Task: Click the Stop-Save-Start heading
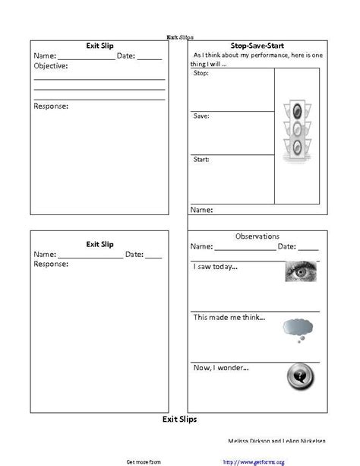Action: point(257,46)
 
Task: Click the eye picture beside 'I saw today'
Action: point(301,271)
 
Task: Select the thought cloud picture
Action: point(298,327)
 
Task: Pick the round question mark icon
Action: point(298,376)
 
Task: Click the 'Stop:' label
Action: point(201,73)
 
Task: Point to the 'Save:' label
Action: point(201,116)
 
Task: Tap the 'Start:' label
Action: point(201,160)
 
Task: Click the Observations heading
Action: point(257,236)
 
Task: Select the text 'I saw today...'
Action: point(216,267)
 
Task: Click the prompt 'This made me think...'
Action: point(229,317)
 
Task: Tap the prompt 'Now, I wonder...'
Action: point(221,368)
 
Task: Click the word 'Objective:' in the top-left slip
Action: point(51,66)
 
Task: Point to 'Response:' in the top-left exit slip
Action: point(51,106)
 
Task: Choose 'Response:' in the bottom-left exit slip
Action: point(51,265)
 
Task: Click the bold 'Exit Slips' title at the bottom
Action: point(181,419)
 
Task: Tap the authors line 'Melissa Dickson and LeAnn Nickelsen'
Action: point(277,441)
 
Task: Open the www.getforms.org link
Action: point(254,461)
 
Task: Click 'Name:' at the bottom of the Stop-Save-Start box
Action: point(201,209)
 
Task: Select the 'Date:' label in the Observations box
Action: point(286,246)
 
